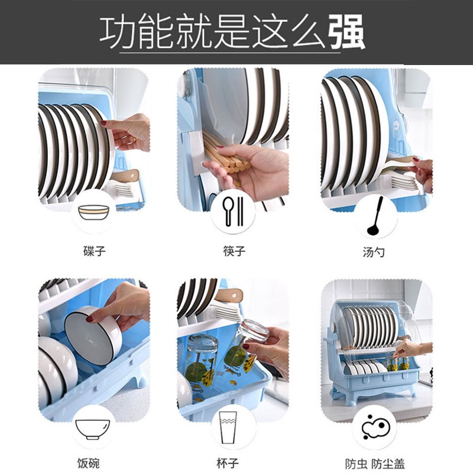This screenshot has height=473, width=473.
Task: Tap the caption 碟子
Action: (94, 251)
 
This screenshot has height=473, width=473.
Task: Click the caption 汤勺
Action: (374, 251)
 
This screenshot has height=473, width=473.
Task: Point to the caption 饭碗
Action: (88, 463)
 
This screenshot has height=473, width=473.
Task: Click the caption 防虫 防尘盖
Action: (375, 463)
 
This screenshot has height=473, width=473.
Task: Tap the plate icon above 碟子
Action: (94, 212)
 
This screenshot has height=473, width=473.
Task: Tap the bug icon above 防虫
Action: (374, 426)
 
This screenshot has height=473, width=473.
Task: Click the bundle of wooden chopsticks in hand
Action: (225, 155)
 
